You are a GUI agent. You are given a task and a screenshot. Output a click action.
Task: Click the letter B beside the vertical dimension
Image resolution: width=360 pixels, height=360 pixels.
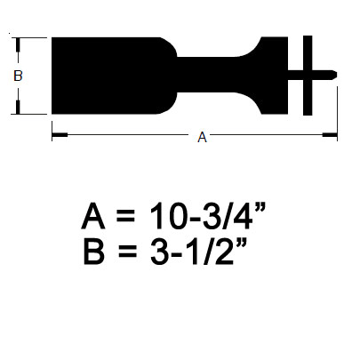click(x=18, y=76)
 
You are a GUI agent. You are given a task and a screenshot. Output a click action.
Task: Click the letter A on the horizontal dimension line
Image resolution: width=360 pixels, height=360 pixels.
click(x=202, y=137)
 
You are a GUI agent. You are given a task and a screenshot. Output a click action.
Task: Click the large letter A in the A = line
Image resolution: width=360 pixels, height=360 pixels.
click(x=93, y=216)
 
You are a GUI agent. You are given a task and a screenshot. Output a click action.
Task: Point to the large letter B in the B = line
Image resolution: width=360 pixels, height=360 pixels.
click(x=94, y=252)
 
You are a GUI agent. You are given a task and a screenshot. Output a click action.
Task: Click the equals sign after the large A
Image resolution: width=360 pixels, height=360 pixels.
click(x=125, y=216)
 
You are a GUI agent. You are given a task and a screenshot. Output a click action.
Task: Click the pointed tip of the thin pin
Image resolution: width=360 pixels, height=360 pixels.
click(x=336, y=75)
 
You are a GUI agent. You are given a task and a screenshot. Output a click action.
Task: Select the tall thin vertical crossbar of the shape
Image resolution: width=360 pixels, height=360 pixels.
click(x=308, y=76)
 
